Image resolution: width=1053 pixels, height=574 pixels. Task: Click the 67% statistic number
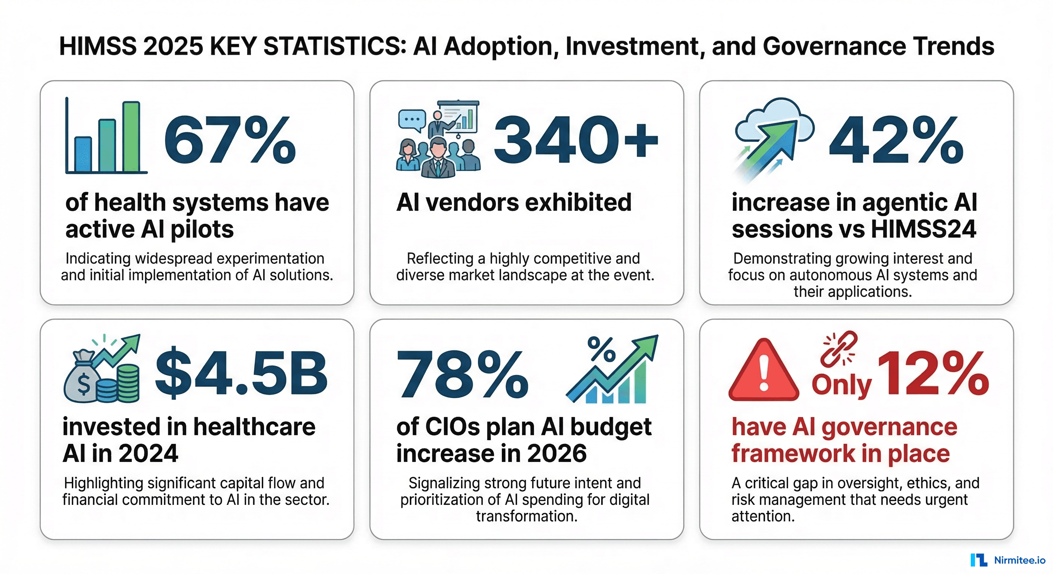pos(230,140)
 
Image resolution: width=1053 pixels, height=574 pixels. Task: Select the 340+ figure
pos(575,140)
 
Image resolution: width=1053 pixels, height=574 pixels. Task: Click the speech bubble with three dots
pos(412,120)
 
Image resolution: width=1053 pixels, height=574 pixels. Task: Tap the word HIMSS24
pos(923,229)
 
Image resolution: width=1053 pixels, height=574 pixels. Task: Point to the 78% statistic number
pos(462,374)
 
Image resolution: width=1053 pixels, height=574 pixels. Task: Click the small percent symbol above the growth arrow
pos(601,349)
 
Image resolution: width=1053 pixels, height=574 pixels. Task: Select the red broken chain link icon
pos(839,349)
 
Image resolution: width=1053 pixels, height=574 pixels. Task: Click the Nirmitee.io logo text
pos(1019,560)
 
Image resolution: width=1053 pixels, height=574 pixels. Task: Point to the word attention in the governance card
pos(763,516)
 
